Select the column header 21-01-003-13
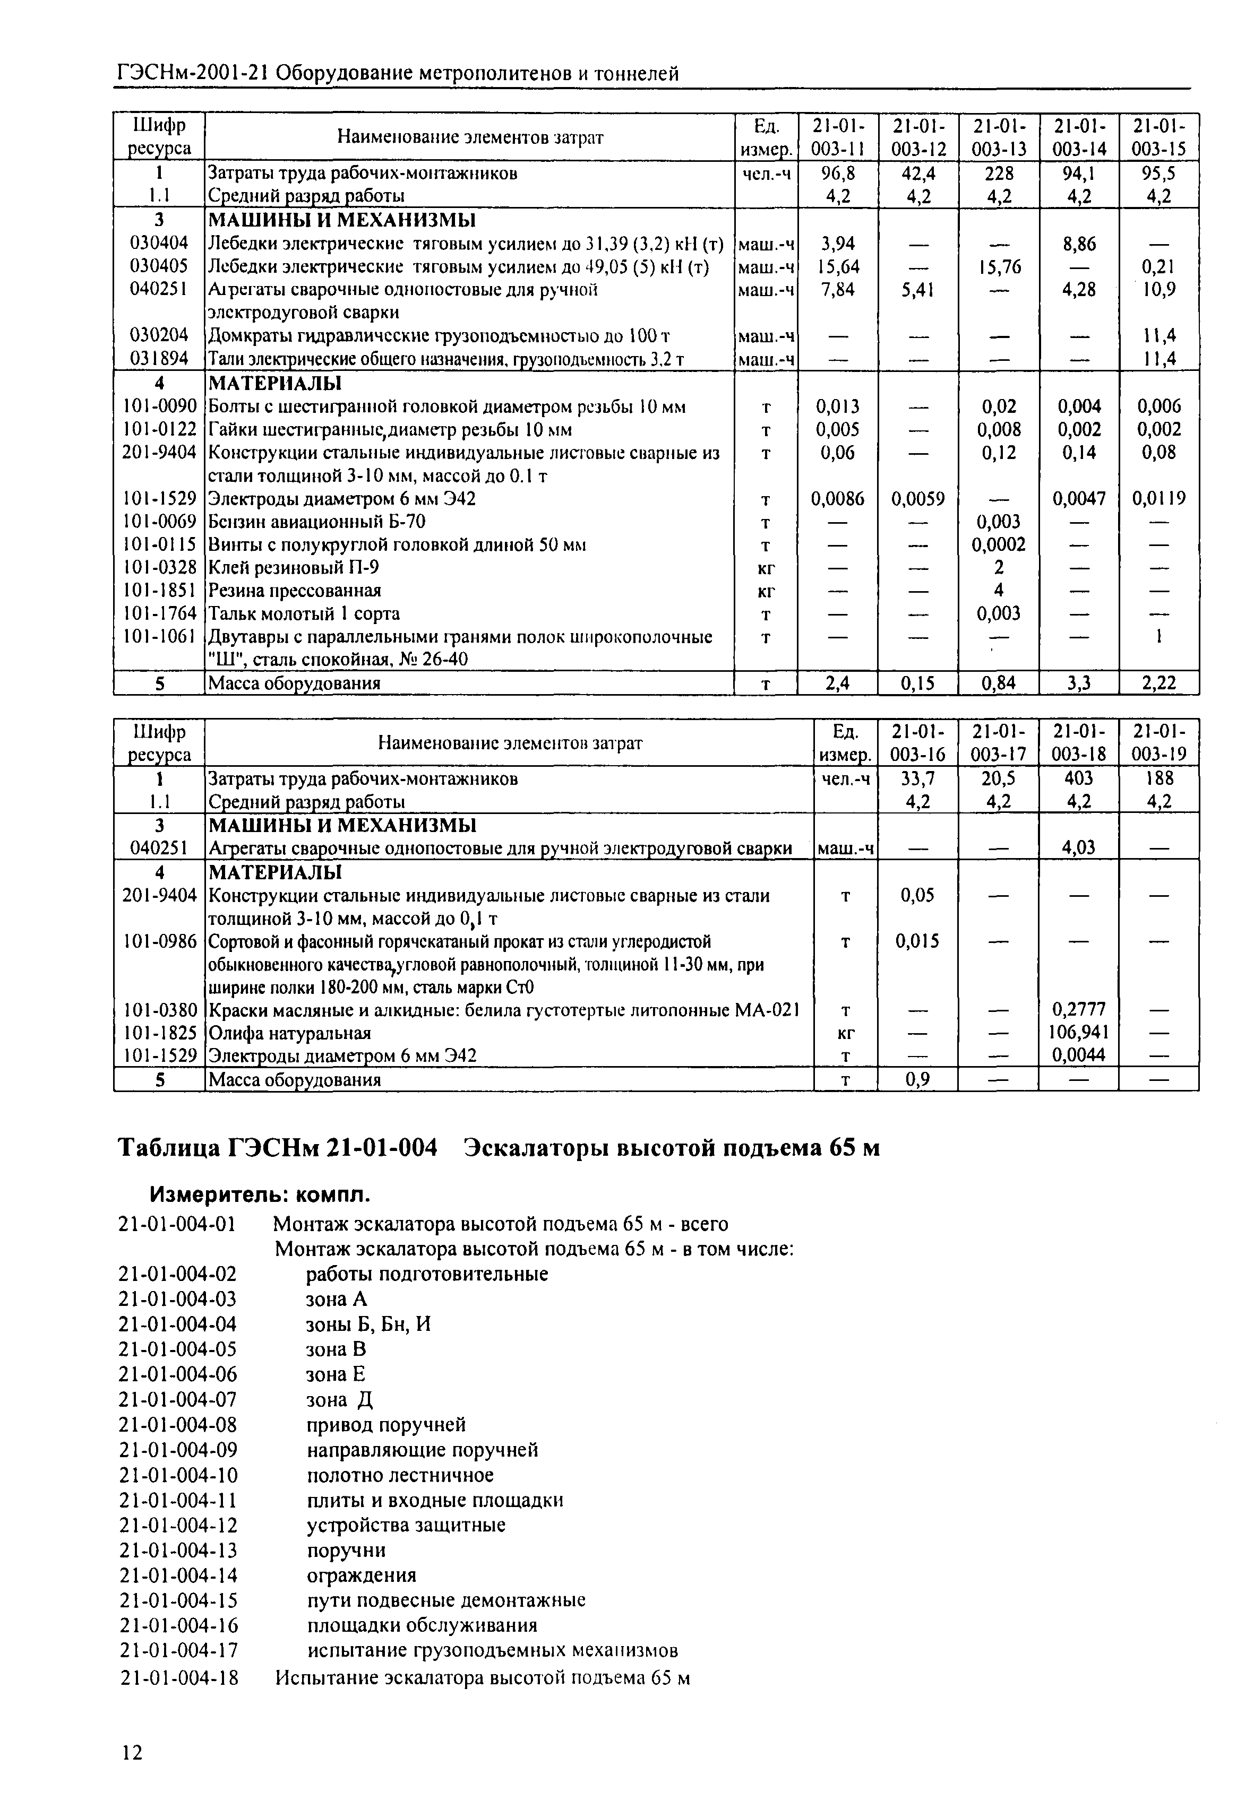(x=999, y=137)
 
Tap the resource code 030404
(x=159, y=244)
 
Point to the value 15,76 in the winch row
(x=999, y=267)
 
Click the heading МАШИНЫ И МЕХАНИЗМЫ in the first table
(x=342, y=220)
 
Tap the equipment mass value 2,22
(x=1159, y=683)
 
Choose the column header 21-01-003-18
(x=1078, y=743)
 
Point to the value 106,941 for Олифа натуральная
(x=1078, y=1032)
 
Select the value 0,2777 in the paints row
(x=1078, y=1009)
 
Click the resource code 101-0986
(x=159, y=941)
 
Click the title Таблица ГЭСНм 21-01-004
(x=277, y=1148)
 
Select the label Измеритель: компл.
(x=259, y=1196)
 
